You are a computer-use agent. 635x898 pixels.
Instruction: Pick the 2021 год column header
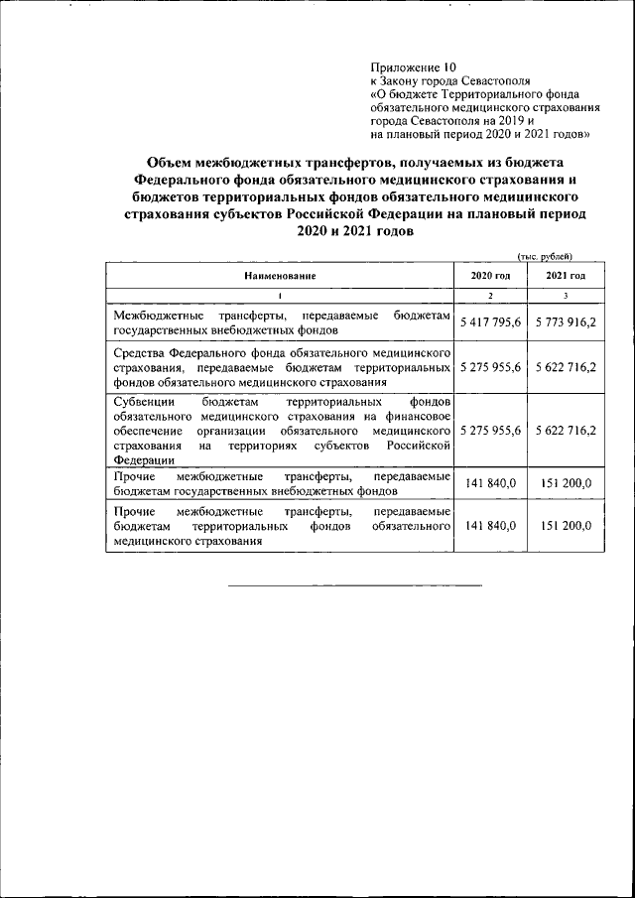565,275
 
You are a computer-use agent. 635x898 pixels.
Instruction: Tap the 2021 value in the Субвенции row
565,432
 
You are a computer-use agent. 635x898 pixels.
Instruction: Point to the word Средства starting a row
143,353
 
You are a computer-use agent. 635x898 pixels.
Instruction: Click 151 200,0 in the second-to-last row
565,483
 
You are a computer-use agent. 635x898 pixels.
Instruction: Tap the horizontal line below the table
355,585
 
